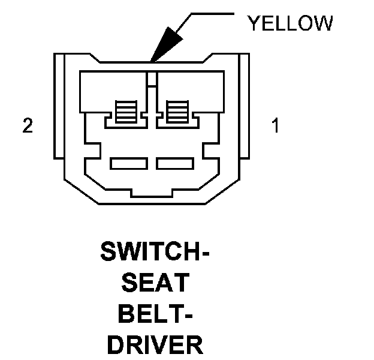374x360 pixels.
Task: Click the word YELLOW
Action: (x=290, y=23)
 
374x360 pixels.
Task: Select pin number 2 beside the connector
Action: (x=27, y=127)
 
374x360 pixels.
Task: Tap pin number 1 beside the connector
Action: (x=275, y=127)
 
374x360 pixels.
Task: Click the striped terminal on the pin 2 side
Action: (x=126, y=112)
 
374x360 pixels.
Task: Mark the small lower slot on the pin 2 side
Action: (x=129, y=163)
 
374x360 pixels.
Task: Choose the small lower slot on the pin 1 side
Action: (x=174, y=163)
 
